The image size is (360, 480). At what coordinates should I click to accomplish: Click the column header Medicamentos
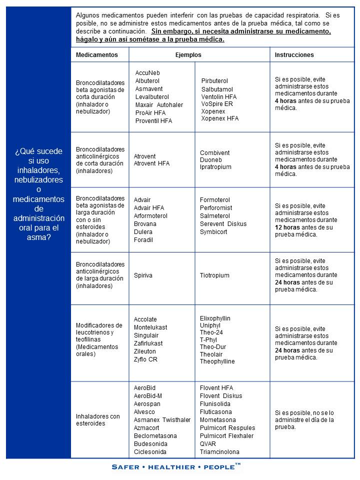[x=97, y=54]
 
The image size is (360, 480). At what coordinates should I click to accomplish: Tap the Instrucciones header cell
[x=294, y=54]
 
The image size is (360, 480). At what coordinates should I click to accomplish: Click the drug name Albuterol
[x=147, y=81]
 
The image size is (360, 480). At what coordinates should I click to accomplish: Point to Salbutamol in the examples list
[x=217, y=89]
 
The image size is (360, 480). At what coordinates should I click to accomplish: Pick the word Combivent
[x=214, y=153]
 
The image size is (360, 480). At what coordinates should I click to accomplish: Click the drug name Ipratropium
[x=215, y=167]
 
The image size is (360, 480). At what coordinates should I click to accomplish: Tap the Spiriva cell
[x=143, y=275]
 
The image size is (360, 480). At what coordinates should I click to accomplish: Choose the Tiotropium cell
[x=214, y=275]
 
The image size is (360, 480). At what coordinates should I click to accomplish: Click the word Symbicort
[x=213, y=232]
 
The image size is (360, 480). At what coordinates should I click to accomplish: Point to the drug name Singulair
[x=146, y=335]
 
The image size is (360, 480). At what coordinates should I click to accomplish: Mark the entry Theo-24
[x=211, y=333]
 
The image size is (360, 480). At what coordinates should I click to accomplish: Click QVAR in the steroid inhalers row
[x=208, y=444]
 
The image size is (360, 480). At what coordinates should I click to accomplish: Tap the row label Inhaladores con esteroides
[x=98, y=420]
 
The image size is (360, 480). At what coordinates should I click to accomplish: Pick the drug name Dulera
[x=143, y=232]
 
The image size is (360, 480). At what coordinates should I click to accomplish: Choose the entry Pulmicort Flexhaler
[x=226, y=436]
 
